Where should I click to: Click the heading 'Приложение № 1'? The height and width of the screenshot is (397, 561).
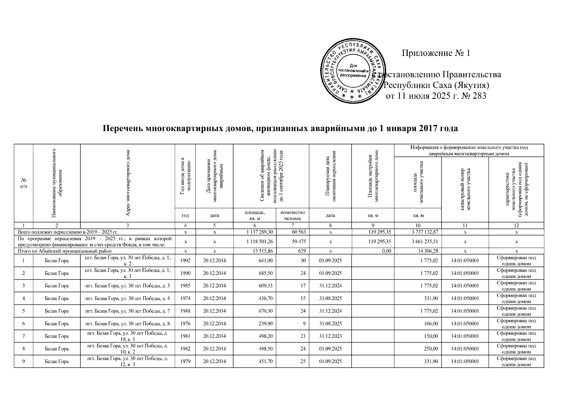pos(435,53)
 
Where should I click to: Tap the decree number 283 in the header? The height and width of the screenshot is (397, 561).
pos(479,96)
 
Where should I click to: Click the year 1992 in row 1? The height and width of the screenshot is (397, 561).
pos(185,261)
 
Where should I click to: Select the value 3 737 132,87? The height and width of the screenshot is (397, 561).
pos(424,232)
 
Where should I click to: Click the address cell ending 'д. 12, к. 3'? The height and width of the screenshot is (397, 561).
pos(127,361)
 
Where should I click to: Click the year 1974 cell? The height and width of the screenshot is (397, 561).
pos(185,298)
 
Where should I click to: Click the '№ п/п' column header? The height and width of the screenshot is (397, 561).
pos(23,183)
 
